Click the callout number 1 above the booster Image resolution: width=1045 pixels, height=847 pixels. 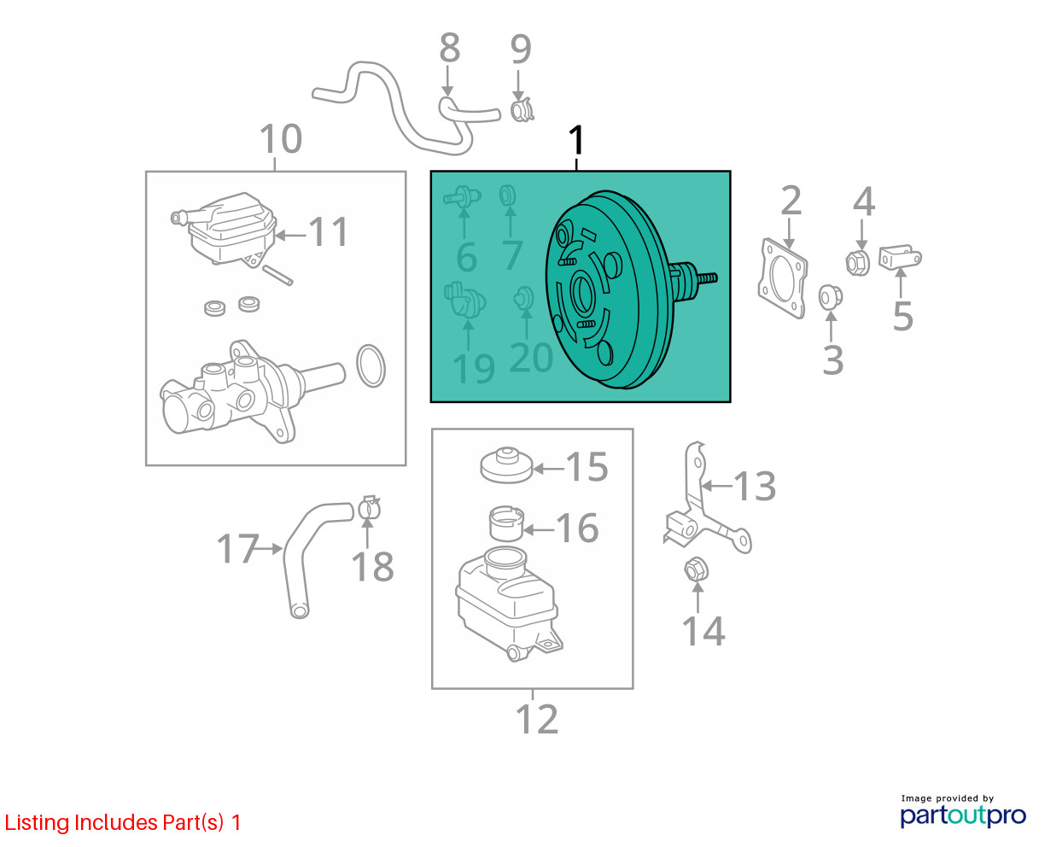576,140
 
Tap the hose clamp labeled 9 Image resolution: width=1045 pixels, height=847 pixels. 521,110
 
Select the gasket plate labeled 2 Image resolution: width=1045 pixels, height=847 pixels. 782,277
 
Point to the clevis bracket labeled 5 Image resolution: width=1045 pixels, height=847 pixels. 899,257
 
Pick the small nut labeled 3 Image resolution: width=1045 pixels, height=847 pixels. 830,297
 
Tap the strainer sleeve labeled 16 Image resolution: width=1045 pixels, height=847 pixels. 506,523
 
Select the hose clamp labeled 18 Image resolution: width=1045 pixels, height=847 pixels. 369,508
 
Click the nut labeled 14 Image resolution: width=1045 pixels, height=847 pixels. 696,570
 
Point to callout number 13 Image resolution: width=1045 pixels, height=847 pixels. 755,486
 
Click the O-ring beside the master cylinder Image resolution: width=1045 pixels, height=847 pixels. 371,365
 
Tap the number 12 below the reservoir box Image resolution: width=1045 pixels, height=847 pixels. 537,720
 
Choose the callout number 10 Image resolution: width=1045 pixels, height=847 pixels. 281,138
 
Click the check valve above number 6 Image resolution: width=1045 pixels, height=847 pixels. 462,197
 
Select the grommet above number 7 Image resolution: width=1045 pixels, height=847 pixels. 507,196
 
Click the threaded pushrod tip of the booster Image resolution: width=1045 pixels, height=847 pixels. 706,279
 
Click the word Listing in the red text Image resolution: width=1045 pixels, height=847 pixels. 37,823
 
